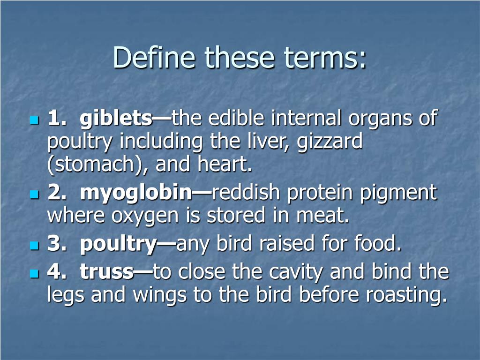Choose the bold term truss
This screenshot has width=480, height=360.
pos(106,271)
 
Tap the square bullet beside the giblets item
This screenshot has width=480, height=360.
pos(34,120)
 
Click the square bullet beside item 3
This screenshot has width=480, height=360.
pos(34,245)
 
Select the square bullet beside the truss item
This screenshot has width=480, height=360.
pos(34,272)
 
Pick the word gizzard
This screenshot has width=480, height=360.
pos(330,142)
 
